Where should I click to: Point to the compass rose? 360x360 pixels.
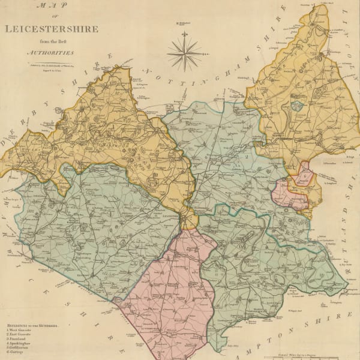tap(185, 53)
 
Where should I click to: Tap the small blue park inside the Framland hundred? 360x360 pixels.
tap(296, 106)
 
